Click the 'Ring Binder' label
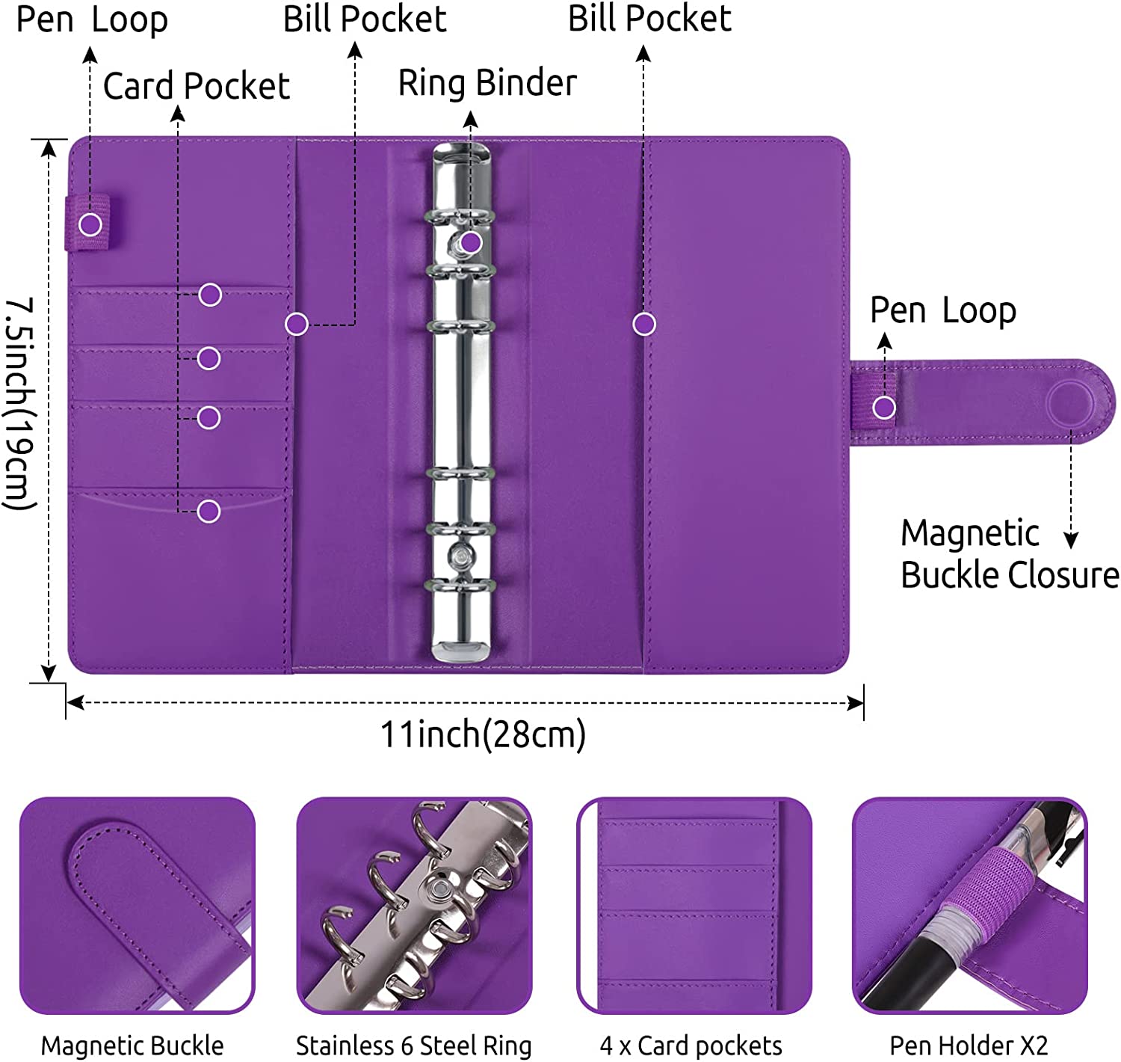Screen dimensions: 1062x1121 [x=487, y=83]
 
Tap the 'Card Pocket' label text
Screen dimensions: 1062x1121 [x=196, y=86]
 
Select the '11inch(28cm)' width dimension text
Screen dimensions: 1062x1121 [x=483, y=734]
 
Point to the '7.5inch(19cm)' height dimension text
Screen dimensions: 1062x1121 [x=20, y=404]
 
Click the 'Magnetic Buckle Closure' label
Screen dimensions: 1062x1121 [x=1009, y=554]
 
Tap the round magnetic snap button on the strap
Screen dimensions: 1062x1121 [x=1071, y=402]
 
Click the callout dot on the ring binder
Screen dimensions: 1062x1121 [x=470, y=242]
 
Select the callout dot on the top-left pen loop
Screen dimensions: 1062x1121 [x=90, y=224]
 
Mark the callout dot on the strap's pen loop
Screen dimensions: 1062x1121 [x=884, y=408]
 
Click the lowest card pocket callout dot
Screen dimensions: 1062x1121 [x=209, y=512]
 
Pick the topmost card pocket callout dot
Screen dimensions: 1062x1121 [x=210, y=295]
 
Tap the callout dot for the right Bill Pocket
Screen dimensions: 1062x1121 [x=644, y=324]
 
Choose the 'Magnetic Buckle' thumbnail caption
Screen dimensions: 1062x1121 [x=132, y=1046]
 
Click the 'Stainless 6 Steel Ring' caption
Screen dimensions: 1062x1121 [x=413, y=1046]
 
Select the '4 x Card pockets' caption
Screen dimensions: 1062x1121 [x=691, y=1046]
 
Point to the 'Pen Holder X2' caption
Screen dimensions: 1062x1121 [x=969, y=1046]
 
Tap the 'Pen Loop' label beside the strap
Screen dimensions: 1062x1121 [x=943, y=310]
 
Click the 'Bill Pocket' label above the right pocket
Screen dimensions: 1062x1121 [x=649, y=19]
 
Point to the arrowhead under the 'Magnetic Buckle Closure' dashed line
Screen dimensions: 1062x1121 [x=1071, y=541]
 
